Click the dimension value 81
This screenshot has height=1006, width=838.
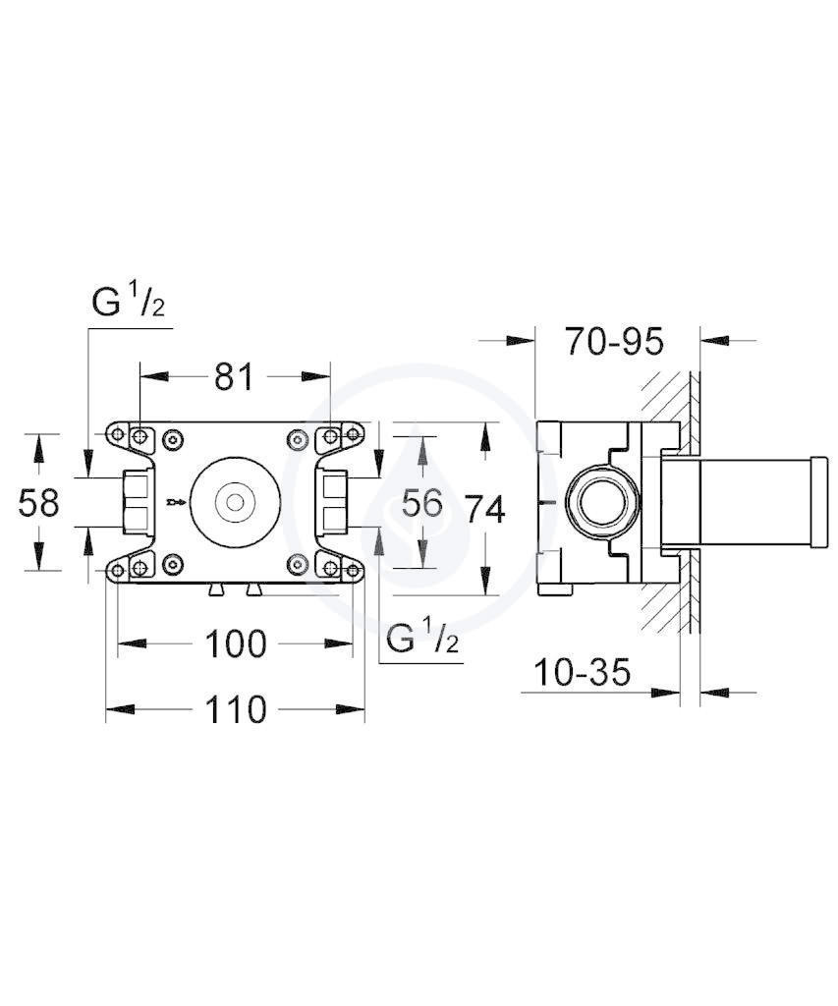pos(234,376)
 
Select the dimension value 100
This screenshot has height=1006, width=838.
pos(235,644)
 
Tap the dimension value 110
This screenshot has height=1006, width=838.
pos(235,709)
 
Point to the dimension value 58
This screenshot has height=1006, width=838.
pos(38,502)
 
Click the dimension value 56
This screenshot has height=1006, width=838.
pos(421,502)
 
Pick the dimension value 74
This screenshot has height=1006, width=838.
pos(485,510)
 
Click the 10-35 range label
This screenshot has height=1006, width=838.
pos(582,672)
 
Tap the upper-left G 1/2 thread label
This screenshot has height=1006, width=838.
pos(129,302)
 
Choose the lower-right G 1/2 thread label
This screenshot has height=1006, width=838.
pos(422,639)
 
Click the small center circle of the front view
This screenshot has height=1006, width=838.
pos(235,501)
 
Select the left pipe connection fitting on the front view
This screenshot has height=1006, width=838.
pos(139,502)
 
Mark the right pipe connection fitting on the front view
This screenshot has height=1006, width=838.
pos(331,502)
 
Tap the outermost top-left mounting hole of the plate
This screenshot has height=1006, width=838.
pos(118,435)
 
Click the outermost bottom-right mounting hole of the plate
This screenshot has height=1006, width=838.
pos(353,569)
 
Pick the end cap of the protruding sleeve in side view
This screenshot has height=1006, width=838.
pos(819,502)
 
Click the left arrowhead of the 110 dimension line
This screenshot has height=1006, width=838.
pos(120,709)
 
